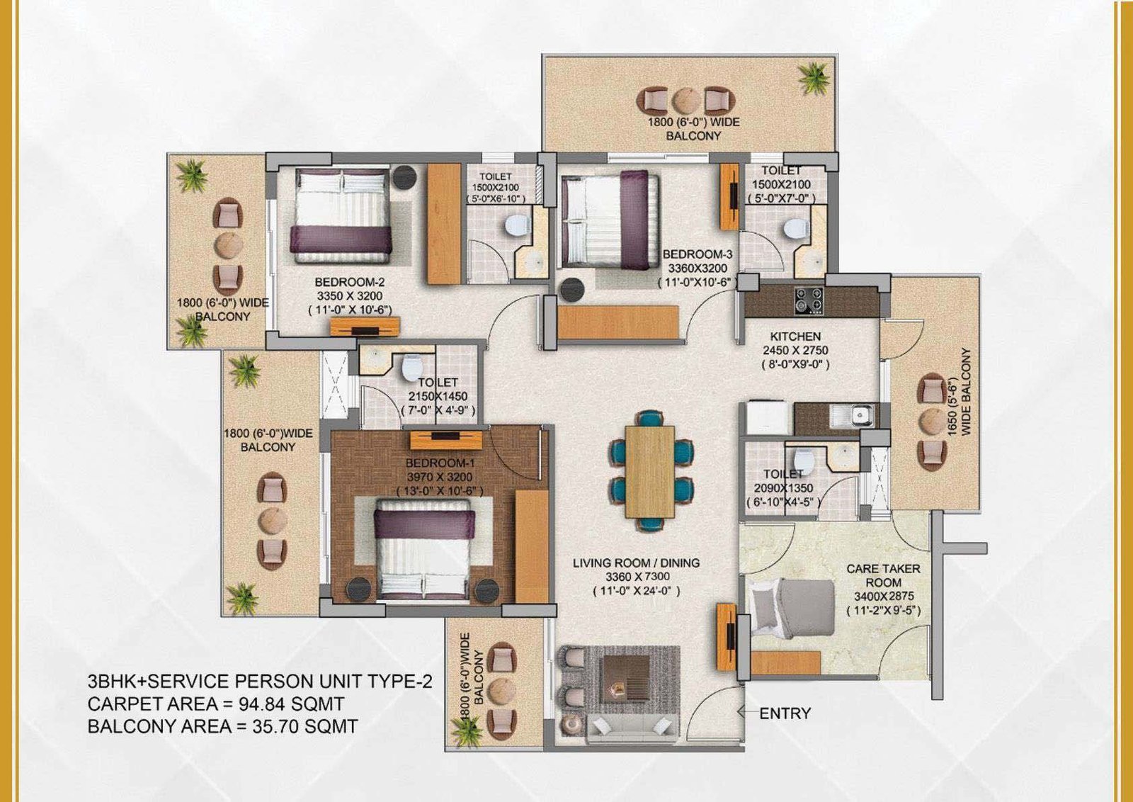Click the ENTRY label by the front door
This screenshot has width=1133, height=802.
785,713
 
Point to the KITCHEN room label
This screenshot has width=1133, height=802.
795,336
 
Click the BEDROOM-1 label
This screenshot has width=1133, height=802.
440,463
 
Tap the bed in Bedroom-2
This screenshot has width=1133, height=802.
341,216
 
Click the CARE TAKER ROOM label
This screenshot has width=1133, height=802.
883,575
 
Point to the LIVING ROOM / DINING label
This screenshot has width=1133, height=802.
637,563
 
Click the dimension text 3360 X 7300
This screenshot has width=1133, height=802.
637,576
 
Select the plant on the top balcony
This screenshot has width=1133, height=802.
814,79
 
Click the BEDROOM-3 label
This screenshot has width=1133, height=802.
698,254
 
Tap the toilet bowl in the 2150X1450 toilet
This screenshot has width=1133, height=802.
411,367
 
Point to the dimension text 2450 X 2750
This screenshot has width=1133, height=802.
795,350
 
